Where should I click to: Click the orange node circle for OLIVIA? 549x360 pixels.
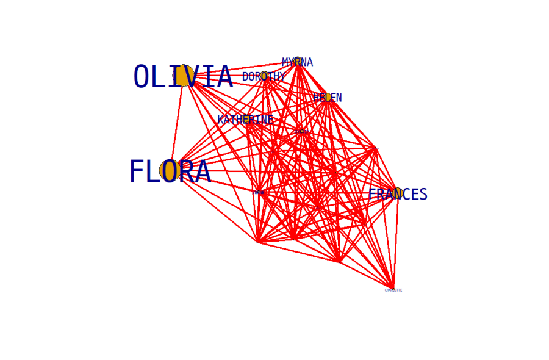183,76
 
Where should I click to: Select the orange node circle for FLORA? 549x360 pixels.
170,171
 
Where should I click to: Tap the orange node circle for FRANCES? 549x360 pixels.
398,195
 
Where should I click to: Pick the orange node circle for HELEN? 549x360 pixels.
328,98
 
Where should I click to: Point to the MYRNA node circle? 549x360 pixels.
298,62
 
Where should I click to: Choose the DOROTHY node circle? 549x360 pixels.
264,77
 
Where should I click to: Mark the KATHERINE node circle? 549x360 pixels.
245,120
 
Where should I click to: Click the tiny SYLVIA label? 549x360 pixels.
302,131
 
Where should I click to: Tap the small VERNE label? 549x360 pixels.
259,192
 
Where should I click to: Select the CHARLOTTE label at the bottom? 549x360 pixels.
393,290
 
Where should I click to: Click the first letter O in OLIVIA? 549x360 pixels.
141,77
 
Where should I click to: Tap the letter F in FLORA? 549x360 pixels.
137,171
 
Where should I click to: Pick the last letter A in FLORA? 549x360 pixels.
202,171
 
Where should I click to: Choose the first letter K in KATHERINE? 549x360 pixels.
220,120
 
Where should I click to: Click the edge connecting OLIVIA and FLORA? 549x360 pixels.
177,122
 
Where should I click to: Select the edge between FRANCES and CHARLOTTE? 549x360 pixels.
396,241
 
